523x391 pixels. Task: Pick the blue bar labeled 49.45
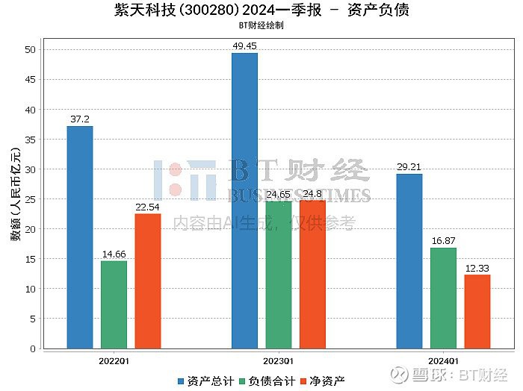point(244,201)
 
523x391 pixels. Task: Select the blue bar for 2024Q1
point(409,261)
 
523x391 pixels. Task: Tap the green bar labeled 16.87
point(443,298)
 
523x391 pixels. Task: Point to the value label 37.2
point(80,119)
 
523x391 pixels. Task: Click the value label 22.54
point(148,207)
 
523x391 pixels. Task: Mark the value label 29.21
point(409,167)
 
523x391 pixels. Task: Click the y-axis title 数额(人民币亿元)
point(15,194)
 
